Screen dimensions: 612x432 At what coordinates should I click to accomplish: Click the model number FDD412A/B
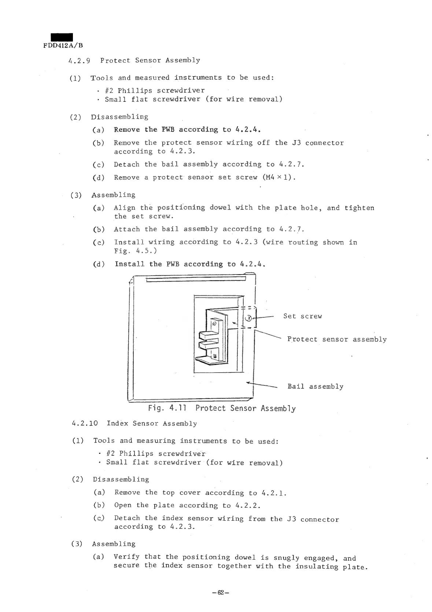point(63,46)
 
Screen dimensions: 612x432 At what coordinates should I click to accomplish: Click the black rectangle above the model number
point(62,37)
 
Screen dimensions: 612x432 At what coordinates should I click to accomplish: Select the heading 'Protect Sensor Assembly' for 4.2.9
point(150,60)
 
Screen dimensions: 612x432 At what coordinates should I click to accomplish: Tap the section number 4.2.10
point(85,423)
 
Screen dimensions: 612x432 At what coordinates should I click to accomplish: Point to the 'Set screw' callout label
point(302,316)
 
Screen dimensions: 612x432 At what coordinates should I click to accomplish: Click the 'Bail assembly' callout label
point(315,387)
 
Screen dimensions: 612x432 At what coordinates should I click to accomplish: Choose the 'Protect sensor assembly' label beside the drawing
point(337,339)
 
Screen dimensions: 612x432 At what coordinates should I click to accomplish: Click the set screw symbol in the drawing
point(249,318)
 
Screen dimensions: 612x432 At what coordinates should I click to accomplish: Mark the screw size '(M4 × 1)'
point(279,178)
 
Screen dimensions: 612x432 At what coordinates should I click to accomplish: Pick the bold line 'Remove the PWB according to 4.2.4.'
point(187,130)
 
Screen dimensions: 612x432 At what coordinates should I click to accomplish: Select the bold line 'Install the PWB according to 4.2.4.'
point(190,264)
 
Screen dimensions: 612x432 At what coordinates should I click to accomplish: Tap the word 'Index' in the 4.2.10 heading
point(117,423)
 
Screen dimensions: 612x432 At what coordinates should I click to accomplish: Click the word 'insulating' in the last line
point(317,567)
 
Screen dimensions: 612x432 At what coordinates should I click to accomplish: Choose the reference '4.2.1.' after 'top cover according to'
point(274,493)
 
